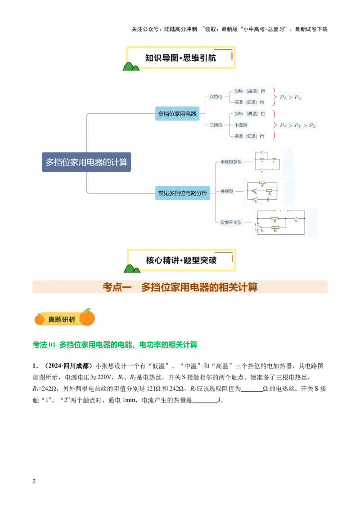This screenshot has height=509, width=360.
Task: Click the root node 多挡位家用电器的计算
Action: (x=86, y=162)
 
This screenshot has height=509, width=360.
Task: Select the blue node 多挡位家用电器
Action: (x=177, y=114)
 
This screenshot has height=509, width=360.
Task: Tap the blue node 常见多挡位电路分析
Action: (x=182, y=192)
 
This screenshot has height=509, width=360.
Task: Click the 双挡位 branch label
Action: (x=216, y=97)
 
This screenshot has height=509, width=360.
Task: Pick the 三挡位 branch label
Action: (x=216, y=125)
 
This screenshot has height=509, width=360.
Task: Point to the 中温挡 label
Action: (x=241, y=125)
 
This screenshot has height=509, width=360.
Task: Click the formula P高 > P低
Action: (x=291, y=97)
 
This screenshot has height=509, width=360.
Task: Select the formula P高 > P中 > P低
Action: (x=297, y=125)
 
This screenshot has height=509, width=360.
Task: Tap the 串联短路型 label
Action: (x=230, y=162)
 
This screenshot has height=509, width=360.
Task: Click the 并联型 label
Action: (x=227, y=192)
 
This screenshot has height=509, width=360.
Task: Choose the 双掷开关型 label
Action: (x=230, y=222)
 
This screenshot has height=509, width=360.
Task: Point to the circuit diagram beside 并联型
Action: (x=263, y=191)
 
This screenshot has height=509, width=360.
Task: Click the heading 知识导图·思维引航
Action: (x=180, y=58)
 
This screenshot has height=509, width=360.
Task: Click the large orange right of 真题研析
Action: (x=87, y=317)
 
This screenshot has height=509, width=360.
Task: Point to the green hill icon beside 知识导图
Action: (x=131, y=67)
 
